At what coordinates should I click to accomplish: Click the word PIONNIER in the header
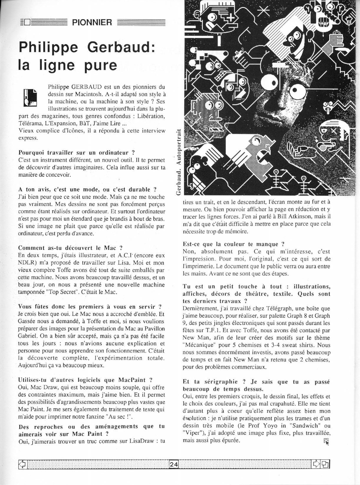[92, 22]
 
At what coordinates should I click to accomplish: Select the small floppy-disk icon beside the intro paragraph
[30, 97]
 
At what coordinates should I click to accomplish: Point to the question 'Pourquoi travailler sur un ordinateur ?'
[76, 152]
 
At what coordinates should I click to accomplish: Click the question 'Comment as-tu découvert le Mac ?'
[70, 248]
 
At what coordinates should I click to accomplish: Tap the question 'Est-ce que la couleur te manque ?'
[233, 244]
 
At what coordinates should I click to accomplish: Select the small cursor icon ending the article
[326, 441]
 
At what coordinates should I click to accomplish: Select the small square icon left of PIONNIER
[27, 22]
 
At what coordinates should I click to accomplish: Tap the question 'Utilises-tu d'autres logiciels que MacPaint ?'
[85, 380]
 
